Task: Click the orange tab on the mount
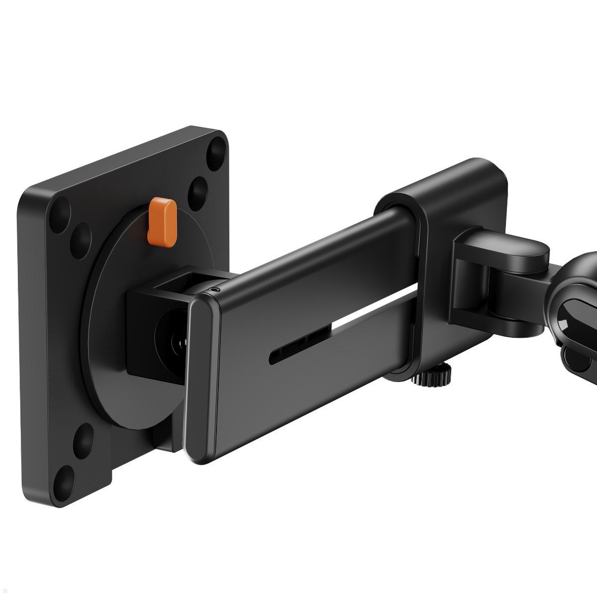tap(162, 222)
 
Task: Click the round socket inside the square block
tap(172, 343)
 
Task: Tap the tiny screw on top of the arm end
tap(214, 289)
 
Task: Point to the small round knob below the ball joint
tap(571, 356)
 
